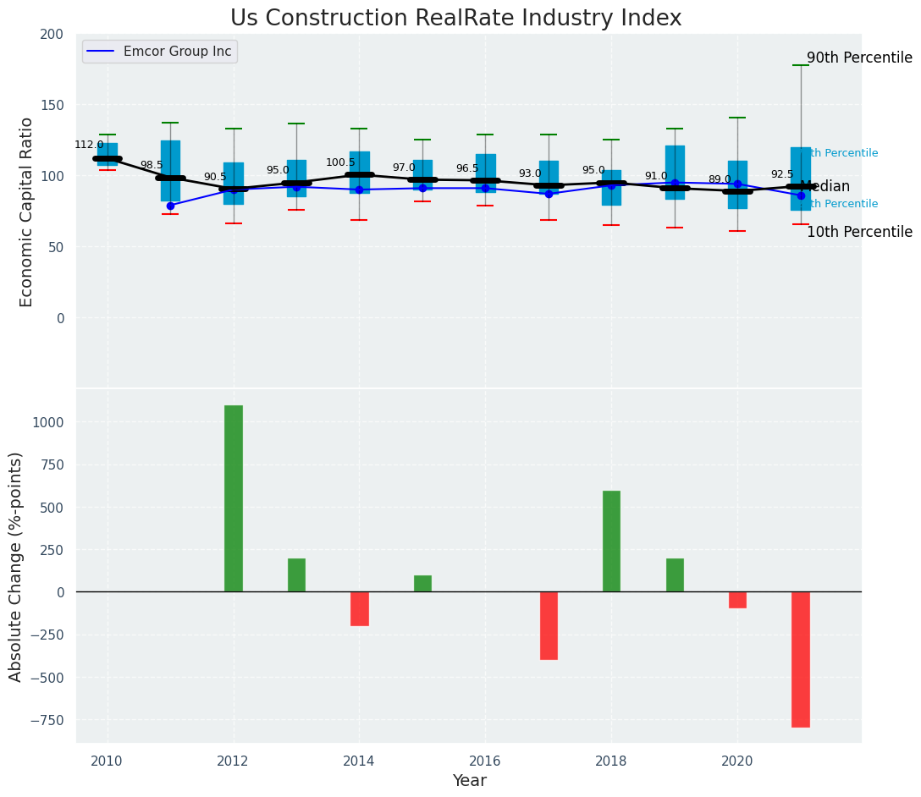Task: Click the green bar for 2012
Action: tap(233, 498)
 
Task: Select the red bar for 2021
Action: tap(801, 659)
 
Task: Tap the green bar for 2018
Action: tap(611, 541)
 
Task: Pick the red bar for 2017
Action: tap(549, 625)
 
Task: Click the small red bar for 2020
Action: tap(737, 600)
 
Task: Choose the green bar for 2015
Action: tap(422, 584)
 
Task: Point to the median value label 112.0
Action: tap(89, 146)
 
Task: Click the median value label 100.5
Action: tap(340, 163)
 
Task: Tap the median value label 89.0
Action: tap(720, 180)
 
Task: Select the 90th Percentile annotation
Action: tap(859, 58)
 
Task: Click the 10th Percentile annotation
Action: tap(859, 232)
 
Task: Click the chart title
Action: tap(455, 19)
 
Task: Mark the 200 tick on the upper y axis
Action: tap(51, 35)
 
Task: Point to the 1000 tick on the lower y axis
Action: tap(47, 422)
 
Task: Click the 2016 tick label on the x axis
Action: tap(485, 761)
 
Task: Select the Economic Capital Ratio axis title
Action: tap(27, 212)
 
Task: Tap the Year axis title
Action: tap(469, 781)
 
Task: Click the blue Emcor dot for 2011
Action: tap(170, 206)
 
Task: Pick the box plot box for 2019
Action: tap(675, 172)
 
